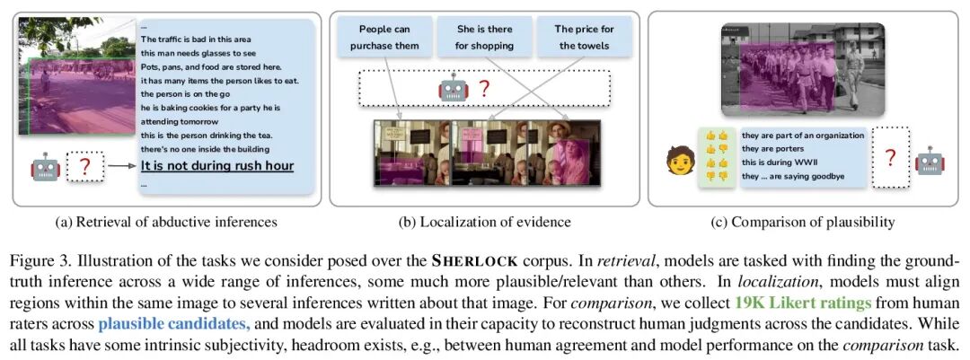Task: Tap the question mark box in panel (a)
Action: (85, 167)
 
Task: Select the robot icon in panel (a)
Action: (44, 167)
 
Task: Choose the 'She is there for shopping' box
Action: (485, 38)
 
